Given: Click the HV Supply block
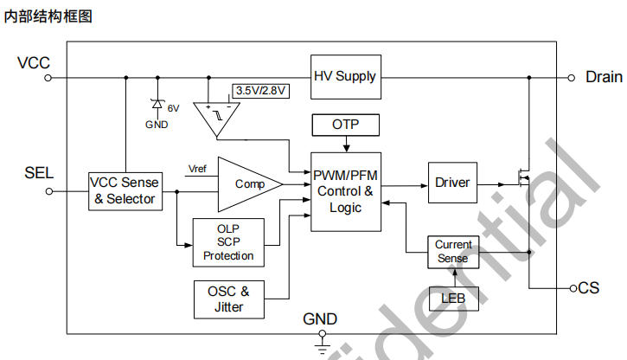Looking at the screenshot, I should coord(345,76).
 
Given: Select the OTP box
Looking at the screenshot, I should coord(345,125).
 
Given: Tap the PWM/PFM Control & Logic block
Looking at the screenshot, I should coord(345,191).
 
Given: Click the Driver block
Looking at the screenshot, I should coord(451,183).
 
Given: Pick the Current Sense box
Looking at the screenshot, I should coord(453,252).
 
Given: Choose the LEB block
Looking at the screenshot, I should coord(453,299).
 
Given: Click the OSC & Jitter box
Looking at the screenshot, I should coord(228,299).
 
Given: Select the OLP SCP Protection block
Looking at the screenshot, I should coord(228,243).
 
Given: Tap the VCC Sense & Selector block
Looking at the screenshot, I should coord(125,191).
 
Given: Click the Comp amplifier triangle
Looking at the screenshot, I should coord(246,183).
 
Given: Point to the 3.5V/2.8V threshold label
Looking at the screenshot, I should coord(260,90).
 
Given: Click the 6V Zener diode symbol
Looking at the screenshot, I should coord(157,105).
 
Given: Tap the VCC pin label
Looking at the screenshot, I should coord(34,63).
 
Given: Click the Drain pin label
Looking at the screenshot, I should coord(603,77).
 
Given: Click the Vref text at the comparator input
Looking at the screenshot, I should coord(198,167).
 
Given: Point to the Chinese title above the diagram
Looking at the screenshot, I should coord(48,16).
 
